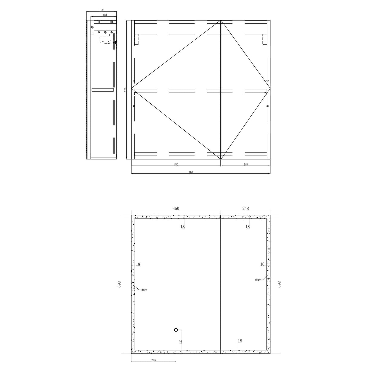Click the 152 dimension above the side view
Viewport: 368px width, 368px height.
click(x=101, y=10)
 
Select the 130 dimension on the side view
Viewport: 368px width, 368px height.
click(x=105, y=15)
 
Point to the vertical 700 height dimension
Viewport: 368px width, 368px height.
click(x=125, y=90)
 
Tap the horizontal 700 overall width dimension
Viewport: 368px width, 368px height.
click(x=191, y=172)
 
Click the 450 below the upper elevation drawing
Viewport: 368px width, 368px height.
click(x=176, y=165)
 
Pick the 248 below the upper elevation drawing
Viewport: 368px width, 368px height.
click(x=246, y=165)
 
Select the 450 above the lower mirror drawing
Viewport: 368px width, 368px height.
click(x=176, y=209)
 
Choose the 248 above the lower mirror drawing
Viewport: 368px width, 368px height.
click(x=246, y=209)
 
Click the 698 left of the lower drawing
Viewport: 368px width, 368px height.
click(x=119, y=284)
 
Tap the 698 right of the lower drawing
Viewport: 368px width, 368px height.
click(x=279, y=284)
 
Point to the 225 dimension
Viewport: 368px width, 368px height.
click(x=153, y=360)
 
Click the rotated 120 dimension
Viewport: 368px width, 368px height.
click(x=181, y=341)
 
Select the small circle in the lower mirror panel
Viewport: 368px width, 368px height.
click(x=176, y=330)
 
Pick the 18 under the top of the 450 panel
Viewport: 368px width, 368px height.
click(x=182, y=227)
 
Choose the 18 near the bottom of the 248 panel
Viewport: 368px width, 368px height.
click(x=240, y=341)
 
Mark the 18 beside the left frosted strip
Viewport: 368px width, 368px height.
click(x=138, y=264)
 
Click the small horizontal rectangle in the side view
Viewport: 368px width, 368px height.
click(x=102, y=90)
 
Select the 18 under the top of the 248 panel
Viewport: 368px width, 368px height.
click(x=248, y=227)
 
